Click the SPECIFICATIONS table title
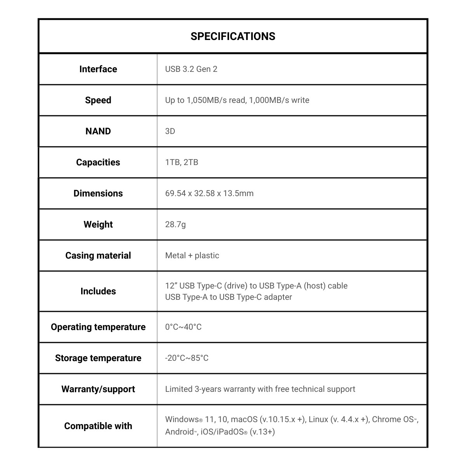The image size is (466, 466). [x=233, y=36]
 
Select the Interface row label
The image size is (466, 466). [x=98, y=69]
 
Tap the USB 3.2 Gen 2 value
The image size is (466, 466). [x=191, y=69]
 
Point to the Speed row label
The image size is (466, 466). [x=98, y=100]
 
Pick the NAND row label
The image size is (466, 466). [x=98, y=131]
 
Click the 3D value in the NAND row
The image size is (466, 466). [x=170, y=131]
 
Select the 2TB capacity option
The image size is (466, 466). [x=191, y=162]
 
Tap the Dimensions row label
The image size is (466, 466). [x=98, y=193]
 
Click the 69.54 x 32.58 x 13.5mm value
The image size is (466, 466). [x=209, y=193]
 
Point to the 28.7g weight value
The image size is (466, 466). [x=176, y=224]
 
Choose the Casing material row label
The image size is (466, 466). [x=98, y=256]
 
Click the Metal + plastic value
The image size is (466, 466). [x=192, y=256]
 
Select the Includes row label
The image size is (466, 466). [x=98, y=291]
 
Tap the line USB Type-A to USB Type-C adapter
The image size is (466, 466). [x=228, y=297]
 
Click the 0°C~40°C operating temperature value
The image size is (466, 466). [x=183, y=327]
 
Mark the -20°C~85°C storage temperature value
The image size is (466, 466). [x=187, y=358]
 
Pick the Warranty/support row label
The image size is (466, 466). [x=98, y=389]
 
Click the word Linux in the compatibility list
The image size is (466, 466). [x=318, y=419]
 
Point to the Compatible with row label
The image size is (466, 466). [x=98, y=426]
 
